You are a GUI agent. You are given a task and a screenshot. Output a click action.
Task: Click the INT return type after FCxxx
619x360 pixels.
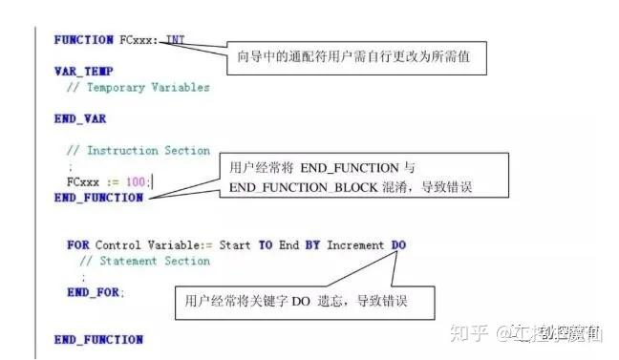click(176, 39)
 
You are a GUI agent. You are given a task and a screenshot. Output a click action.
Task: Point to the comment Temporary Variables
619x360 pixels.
click(138, 87)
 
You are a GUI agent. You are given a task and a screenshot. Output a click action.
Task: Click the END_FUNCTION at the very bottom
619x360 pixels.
click(98, 339)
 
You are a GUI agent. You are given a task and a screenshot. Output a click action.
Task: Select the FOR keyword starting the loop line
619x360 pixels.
click(77, 245)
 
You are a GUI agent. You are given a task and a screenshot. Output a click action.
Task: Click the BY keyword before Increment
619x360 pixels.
click(312, 245)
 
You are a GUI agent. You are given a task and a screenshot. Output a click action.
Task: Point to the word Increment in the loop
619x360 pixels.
click(355, 245)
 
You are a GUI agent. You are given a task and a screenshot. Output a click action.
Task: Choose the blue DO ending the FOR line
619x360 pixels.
click(398, 245)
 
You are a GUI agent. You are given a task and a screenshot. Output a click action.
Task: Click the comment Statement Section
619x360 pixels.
click(143, 261)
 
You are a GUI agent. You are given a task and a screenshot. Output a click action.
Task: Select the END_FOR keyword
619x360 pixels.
click(95, 291)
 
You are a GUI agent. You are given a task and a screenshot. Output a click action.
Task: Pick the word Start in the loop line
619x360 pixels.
click(235, 245)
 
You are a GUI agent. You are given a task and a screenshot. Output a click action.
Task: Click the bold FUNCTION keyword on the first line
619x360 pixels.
click(84, 39)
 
